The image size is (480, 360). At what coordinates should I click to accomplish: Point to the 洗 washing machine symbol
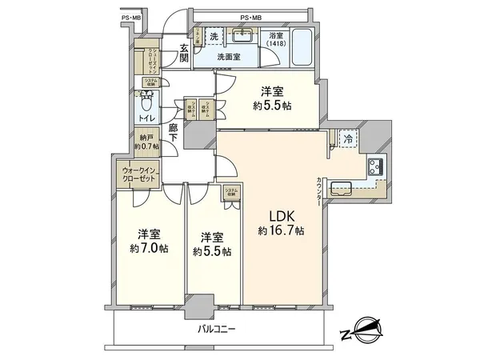[214, 37]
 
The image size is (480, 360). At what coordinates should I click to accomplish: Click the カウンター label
[318, 193]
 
